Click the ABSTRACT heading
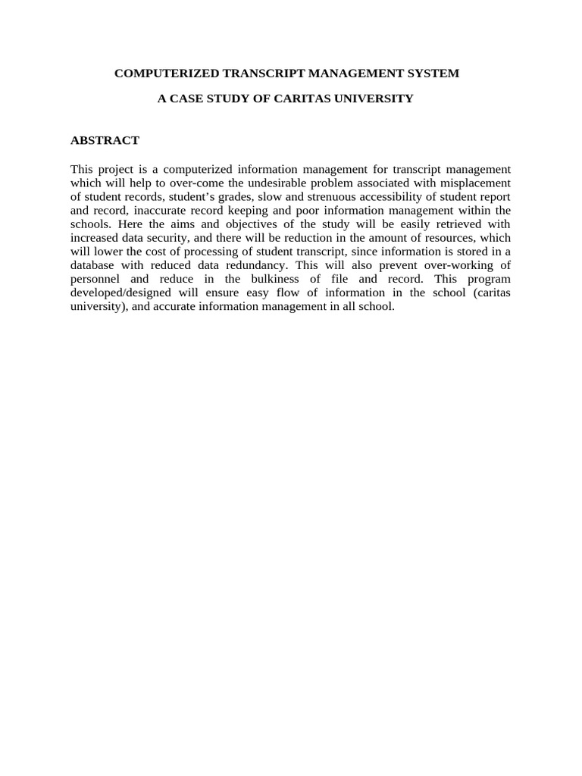click(105, 140)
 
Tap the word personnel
click(95, 279)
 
